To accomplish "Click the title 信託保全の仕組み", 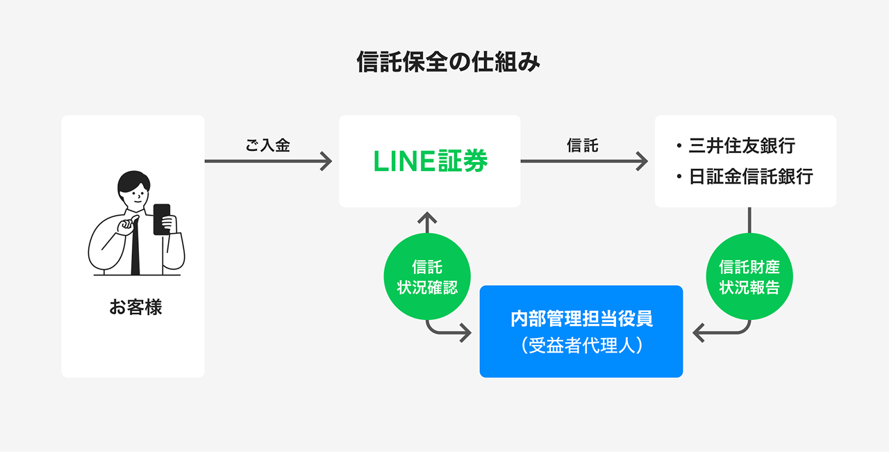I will point(448,63).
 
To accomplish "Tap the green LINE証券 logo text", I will point(430,161).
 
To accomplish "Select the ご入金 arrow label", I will point(267,145).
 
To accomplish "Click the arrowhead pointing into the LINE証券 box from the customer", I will point(326,161).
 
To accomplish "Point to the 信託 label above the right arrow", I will point(583,145).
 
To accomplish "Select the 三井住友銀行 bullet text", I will point(741,146).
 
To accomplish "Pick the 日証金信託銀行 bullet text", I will point(750,177).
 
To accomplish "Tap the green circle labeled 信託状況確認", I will point(427,277).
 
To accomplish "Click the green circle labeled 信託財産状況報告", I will point(749,277).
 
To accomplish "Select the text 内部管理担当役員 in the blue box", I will point(581,319).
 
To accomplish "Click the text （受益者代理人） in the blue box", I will point(581,346).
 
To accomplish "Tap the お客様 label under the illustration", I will point(135,307).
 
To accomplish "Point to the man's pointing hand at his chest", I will point(127,228).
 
